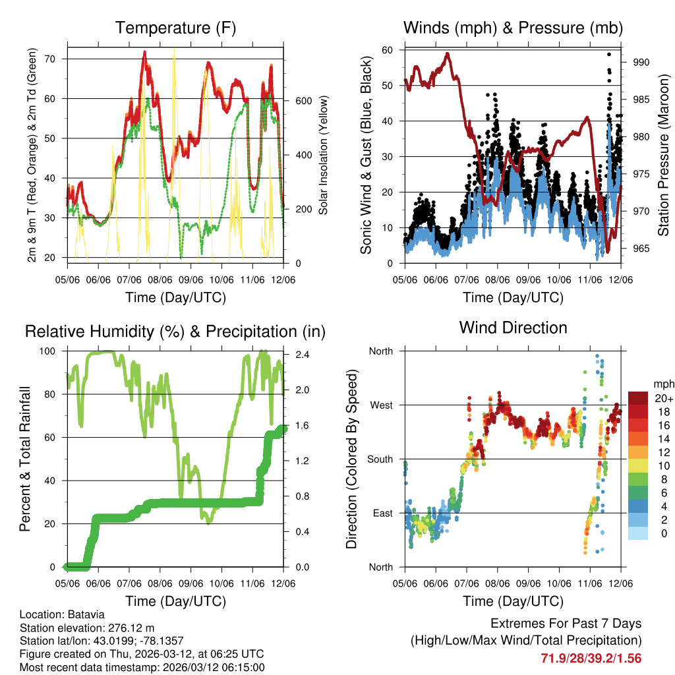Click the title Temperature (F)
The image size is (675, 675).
[175, 28]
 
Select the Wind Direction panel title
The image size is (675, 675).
[513, 328]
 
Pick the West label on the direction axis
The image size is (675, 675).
[381, 405]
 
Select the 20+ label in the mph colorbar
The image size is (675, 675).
[662, 399]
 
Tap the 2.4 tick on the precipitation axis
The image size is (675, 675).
[294, 354]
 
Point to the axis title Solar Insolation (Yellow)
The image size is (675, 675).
[324, 156]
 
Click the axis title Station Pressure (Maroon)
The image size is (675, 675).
[663, 156]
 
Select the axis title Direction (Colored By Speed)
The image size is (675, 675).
[351, 459]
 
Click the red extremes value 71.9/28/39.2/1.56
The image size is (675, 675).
[591, 659]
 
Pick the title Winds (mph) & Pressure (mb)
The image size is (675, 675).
[513, 28]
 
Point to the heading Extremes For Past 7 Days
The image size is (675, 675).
[566, 624]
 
